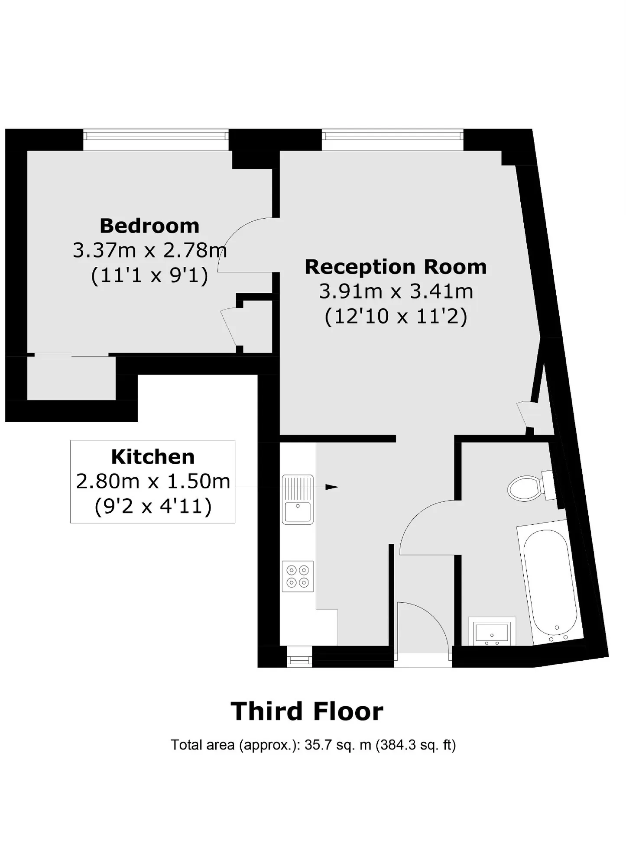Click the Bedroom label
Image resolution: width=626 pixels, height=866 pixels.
149,226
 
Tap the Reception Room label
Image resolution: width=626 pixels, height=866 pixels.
396,267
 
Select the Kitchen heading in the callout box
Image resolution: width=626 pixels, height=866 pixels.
153,457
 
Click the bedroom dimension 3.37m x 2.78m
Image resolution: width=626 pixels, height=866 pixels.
149,250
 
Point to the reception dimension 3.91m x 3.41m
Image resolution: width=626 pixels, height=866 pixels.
396,291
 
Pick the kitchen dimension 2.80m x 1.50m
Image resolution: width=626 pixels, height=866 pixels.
153,481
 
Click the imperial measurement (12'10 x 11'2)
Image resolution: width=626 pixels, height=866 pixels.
396,317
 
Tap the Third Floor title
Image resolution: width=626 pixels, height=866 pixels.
307,711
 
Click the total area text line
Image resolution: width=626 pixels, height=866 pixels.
313,745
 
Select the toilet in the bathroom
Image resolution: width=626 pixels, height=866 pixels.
531,487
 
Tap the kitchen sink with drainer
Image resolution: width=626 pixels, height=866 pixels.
298,499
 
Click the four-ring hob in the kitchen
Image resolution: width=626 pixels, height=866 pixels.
298,576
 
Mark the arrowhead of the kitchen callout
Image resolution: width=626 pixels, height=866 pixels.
332,487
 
